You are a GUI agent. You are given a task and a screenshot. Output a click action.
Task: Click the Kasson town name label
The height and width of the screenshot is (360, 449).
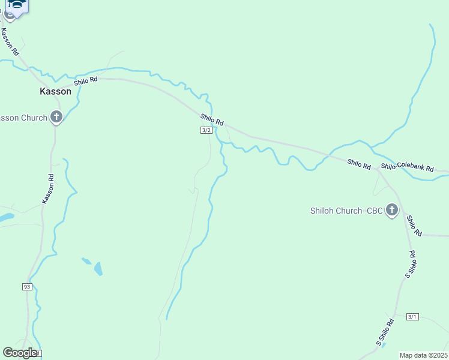point(55,92)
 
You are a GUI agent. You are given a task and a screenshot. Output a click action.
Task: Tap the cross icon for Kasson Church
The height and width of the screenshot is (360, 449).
point(56,117)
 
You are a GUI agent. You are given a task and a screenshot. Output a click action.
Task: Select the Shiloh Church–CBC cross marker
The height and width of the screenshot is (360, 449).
point(392,210)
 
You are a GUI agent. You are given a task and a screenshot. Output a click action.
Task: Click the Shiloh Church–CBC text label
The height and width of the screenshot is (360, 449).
point(346,211)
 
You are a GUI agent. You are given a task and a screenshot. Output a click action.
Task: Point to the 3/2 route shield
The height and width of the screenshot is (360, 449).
point(206,130)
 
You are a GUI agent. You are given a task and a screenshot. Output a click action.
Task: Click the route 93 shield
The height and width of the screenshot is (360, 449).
point(27,287)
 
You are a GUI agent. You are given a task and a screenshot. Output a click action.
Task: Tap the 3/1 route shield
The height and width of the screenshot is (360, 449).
point(412,317)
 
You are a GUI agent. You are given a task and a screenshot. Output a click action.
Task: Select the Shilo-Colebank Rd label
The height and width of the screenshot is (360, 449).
point(407,167)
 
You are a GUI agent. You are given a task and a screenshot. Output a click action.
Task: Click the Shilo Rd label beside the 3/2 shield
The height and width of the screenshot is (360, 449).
point(212,120)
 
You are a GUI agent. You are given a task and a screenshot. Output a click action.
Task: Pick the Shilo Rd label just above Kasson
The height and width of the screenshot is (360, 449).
point(85,81)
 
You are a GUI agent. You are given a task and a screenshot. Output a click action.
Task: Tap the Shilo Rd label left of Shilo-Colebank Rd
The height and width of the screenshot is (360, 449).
point(359,163)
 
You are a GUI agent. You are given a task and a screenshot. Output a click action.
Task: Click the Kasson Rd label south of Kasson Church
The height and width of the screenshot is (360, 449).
point(48,188)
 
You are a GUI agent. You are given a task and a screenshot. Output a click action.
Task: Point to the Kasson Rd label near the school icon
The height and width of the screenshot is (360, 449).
point(10,42)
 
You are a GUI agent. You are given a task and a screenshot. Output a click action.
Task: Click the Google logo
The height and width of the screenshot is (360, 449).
point(20,353)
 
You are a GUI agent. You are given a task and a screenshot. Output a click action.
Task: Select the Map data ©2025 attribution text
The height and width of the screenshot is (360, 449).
point(424,355)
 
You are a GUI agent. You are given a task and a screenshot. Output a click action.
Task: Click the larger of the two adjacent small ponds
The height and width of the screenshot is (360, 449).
point(98,269)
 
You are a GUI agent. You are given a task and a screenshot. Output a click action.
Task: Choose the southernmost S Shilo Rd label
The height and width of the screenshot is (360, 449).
point(385,332)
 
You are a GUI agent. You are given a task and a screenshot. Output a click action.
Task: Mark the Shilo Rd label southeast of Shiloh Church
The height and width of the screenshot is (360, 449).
point(414,225)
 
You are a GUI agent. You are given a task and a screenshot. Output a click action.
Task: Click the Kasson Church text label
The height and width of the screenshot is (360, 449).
point(23,118)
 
